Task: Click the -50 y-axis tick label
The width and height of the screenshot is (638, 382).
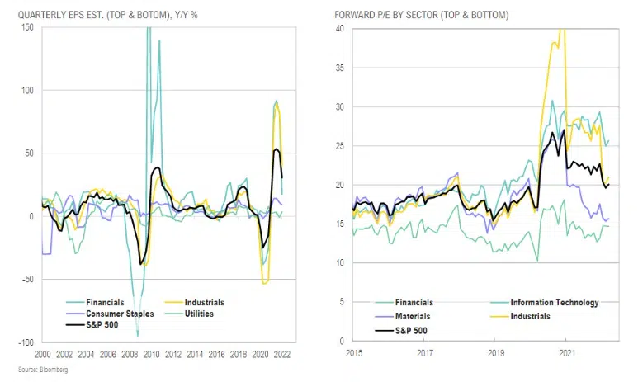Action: pyautogui.click(x=26, y=279)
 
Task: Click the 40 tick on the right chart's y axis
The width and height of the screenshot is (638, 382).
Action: pyautogui.click(x=338, y=29)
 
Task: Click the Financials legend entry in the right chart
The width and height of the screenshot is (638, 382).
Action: pyautogui.click(x=414, y=303)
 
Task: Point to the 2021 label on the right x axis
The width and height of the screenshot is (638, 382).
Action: pyautogui.click(x=566, y=353)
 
